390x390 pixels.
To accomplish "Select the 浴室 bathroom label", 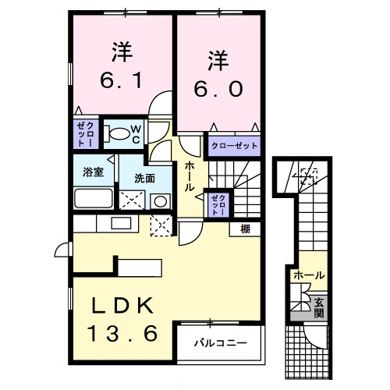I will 94,172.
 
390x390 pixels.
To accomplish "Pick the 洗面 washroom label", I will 144,178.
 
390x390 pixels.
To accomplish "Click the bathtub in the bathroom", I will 94,196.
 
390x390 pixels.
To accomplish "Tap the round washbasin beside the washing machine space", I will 160,200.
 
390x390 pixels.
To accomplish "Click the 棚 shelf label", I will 245,228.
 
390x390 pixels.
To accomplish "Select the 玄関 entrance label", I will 318,308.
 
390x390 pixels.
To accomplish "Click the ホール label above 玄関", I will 309,275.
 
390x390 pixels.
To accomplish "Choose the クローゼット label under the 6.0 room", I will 232,145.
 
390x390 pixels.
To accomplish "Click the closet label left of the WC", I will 86,134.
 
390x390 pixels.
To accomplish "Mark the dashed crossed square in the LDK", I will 163,225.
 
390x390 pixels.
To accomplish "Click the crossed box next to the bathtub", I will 129,198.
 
